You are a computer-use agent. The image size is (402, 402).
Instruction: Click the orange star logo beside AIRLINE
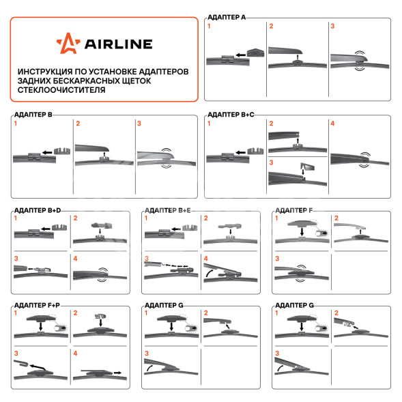pos(68,43)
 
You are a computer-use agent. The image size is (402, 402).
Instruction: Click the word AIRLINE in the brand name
pos(119,44)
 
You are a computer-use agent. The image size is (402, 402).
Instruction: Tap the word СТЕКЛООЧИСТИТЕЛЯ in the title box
pos(61,90)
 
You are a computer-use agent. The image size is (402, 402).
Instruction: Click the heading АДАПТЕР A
pos(227,17)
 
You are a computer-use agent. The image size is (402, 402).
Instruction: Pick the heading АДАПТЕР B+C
pos(231,115)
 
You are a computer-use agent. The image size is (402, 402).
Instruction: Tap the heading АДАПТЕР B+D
pos(38,210)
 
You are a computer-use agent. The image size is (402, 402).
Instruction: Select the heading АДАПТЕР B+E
pos(168,210)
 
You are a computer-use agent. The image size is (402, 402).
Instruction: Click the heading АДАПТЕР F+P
pos(37,305)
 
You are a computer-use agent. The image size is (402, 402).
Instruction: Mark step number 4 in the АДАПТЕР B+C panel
pos(332,124)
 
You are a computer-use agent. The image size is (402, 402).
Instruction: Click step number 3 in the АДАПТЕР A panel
pos(332,26)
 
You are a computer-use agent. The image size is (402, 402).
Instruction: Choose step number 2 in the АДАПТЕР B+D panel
pos(75,218)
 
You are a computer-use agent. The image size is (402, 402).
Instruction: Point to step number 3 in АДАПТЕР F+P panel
pos(16,354)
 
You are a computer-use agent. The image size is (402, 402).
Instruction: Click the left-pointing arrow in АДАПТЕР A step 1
pos(240,55)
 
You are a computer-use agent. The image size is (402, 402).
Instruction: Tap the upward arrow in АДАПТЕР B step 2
pos(104,154)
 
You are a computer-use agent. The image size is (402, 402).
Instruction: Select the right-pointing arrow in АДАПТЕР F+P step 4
pos(117,373)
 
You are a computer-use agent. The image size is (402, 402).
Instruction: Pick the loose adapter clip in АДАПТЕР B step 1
pos(62,151)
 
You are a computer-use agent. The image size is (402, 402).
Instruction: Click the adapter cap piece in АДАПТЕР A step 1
pos(255,53)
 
